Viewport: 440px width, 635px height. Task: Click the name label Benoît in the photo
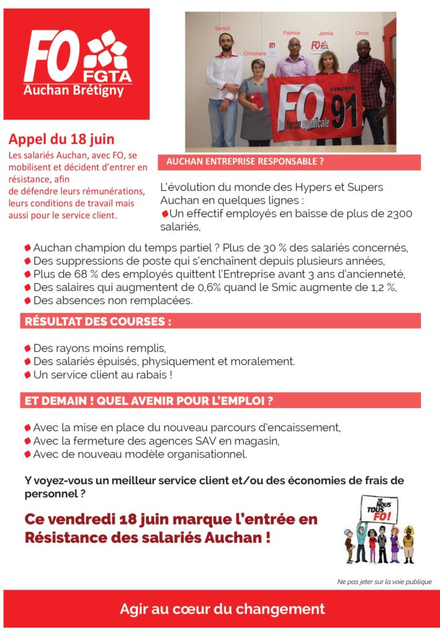click(222, 29)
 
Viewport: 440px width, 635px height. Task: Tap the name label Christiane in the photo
click(254, 54)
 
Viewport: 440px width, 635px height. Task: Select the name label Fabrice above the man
click(291, 32)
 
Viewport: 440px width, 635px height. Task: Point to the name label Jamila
click(326, 33)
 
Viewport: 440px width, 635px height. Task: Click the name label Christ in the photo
click(361, 33)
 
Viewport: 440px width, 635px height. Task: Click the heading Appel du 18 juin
click(61, 140)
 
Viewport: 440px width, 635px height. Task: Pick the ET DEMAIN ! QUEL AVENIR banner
click(149, 401)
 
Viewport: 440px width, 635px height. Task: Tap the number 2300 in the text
click(398, 214)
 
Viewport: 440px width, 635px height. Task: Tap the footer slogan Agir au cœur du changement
click(222, 609)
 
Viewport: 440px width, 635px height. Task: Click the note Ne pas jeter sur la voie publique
click(384, 582)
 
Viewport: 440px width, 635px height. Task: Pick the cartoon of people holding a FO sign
click(379, 530)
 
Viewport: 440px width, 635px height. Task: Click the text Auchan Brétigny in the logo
click(73, 91)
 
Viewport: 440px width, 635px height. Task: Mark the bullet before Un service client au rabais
click(27, 375)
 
